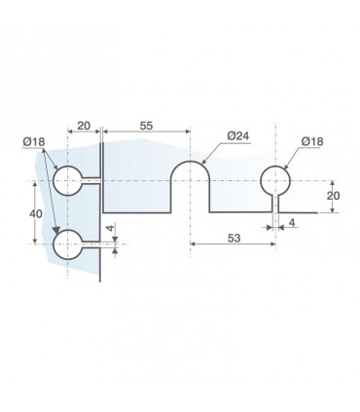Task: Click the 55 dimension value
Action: point(146,126)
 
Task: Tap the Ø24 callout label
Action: point(238,135)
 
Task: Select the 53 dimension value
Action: point(234,238)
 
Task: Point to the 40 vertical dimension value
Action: point(36,213)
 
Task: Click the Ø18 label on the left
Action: point(34,141)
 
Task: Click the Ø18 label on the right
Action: point(312,141)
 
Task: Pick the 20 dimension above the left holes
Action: point(84,126)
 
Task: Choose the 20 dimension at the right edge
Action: point(333,196)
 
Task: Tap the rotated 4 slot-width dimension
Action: point(111,228)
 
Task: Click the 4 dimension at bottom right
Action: point(292,223)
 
